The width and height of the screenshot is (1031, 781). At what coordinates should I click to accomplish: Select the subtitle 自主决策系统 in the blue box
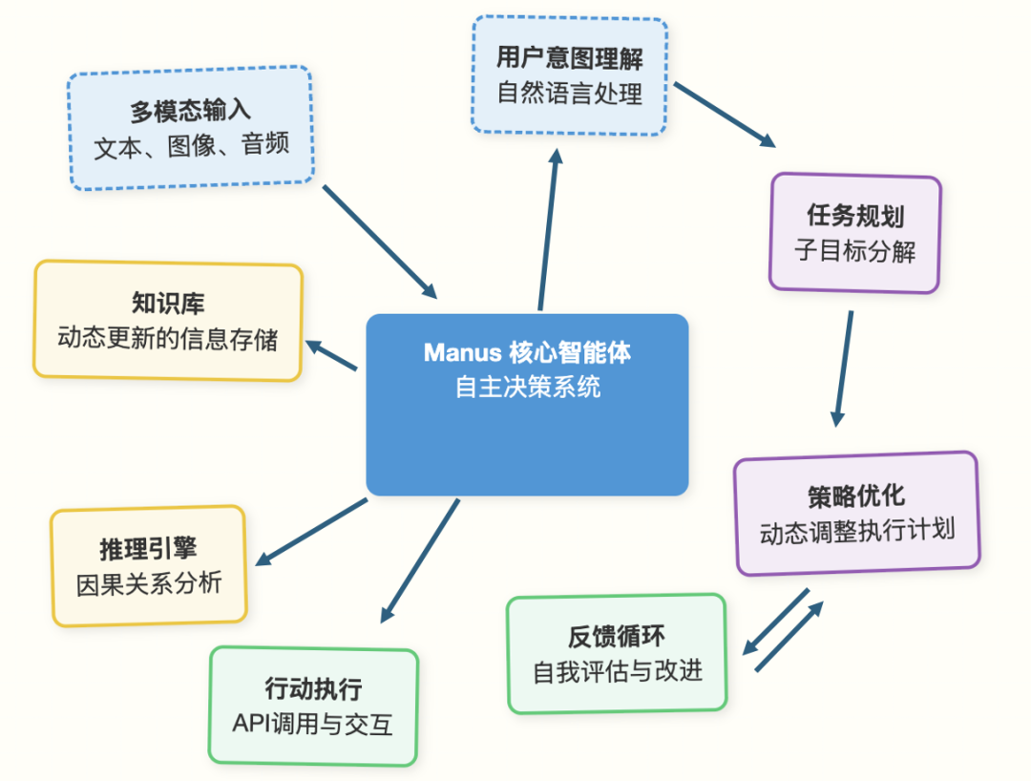[527, 388]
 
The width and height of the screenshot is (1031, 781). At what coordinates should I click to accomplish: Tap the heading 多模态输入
[190, 112]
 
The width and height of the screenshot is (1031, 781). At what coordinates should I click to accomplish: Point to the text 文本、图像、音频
[191, 147]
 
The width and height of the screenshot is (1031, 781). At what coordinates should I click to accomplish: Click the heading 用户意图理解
[569, 58]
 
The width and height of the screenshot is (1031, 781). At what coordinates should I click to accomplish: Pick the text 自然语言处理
[569, 94]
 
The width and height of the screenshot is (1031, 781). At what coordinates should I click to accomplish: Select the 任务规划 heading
[855, 216]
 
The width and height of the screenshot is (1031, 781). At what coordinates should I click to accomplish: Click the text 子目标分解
[855, 251]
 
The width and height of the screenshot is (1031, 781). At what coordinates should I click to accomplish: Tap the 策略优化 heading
[856, 496]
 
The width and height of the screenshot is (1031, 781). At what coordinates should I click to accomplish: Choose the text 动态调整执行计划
[857, 531]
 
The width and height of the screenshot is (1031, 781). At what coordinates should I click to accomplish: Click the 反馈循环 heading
[617, 637]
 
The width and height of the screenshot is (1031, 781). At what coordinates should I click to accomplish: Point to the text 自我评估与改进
[617, 671]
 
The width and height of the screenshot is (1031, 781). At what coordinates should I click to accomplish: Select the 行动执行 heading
[313, 688]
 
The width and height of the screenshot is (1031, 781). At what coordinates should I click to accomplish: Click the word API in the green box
[251, 724]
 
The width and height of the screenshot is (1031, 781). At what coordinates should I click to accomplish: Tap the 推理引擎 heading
[148, 549]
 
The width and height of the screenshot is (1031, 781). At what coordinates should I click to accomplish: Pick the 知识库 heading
[168, 304]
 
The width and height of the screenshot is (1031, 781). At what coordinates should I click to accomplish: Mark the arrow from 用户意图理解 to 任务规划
[725, 116]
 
